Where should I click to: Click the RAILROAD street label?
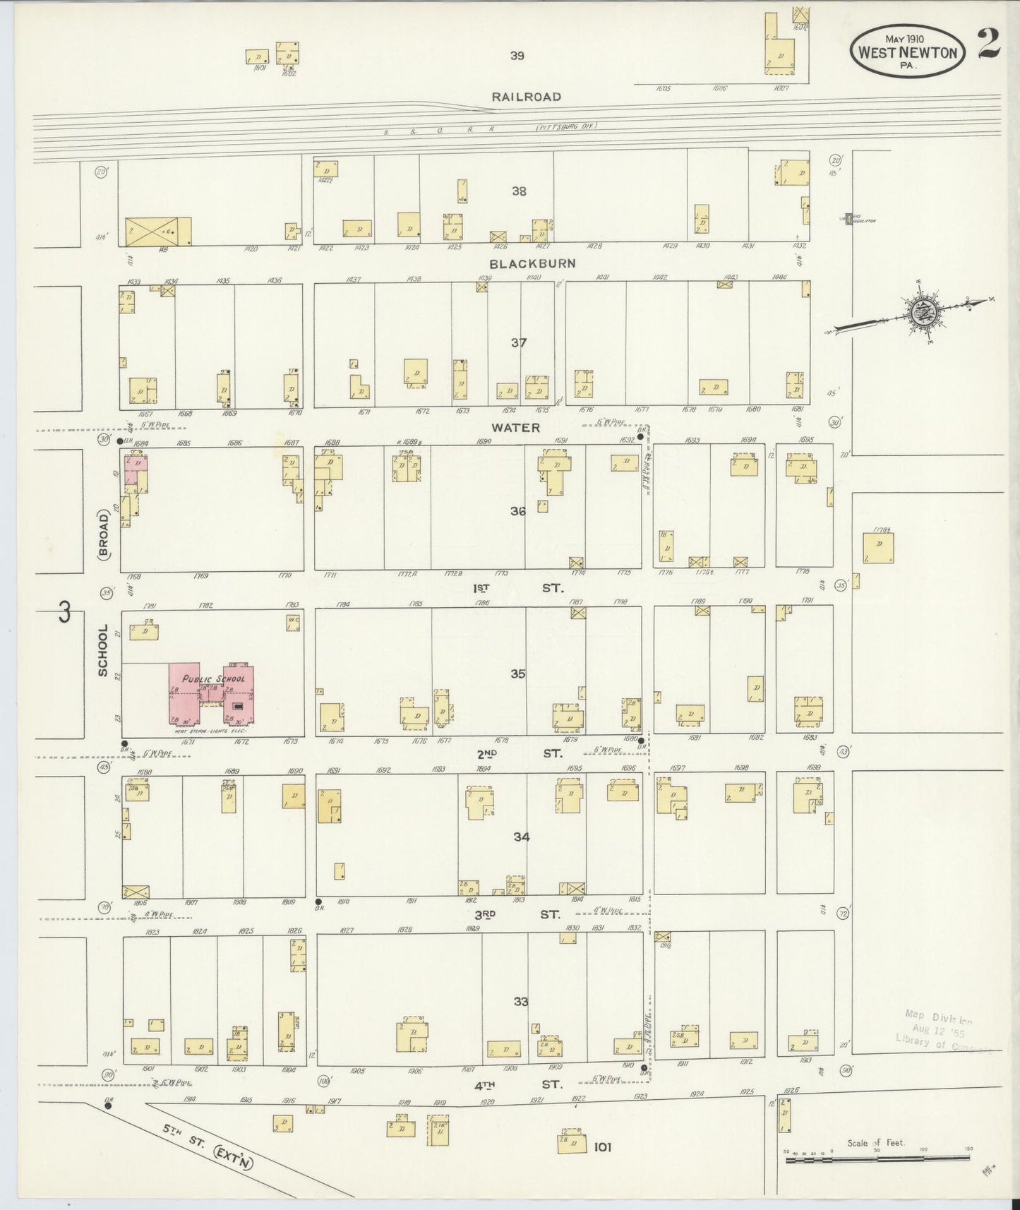click(x=527, y=97)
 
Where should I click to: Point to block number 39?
click(x=517, y=56)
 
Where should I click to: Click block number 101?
click(x=601, y=1148)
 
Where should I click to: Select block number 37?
click(x=519, y=343)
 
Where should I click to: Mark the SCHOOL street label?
click(x=103, y=650)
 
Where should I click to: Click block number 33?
click(x=520, y=1002)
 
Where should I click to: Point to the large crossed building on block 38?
click(x=157, y=232)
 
